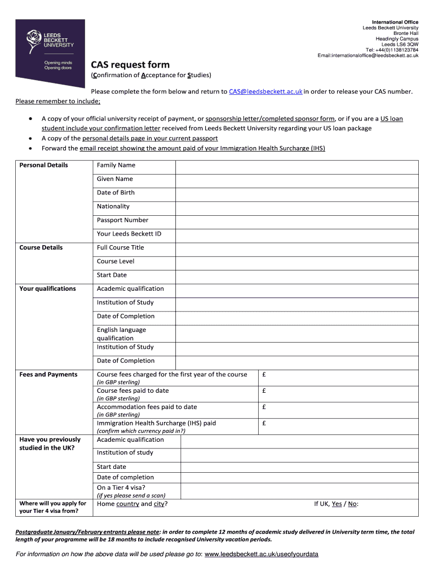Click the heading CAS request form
point(130,65)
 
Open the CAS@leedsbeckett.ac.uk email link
point(266,91)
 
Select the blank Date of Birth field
point(296,193)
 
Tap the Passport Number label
point(122,220)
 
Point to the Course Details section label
point(41,248)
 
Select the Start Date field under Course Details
point(296,276)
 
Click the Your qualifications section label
point(47,289)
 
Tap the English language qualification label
point(121,334)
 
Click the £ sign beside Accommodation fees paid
point(264,407)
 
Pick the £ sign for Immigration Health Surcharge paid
point(264,423)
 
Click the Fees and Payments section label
point(48,375)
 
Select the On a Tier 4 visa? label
point(121,488)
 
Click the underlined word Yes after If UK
point(336,504)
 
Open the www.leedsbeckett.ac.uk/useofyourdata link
point(261,554)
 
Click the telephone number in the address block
point(392,50)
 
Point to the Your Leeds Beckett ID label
point(129,234)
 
